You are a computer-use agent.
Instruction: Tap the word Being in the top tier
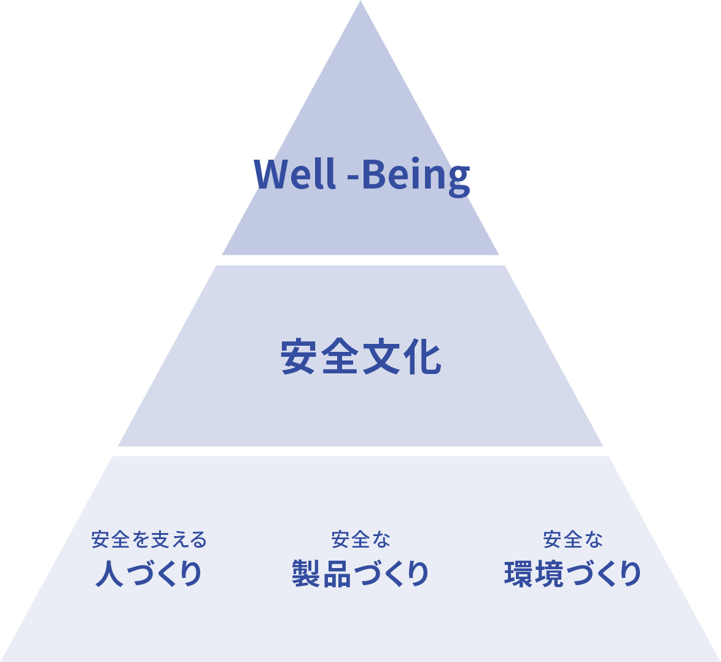coord(415,175)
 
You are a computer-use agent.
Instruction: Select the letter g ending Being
coord(458,179)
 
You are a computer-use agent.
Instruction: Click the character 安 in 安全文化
coord(300,357)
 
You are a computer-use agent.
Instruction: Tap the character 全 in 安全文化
coord(340,357)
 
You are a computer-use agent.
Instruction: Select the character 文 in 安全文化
coord(381,357)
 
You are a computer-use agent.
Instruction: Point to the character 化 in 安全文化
coord(421,357)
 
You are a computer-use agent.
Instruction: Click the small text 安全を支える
coord(149,540)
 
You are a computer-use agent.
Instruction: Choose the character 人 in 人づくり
coord(109,574)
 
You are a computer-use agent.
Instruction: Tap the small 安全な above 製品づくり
coord(360,540)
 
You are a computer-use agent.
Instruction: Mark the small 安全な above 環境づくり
coord(572,540)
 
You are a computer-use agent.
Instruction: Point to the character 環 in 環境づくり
coord(518,574)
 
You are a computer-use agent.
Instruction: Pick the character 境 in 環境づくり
coord(550,574)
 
